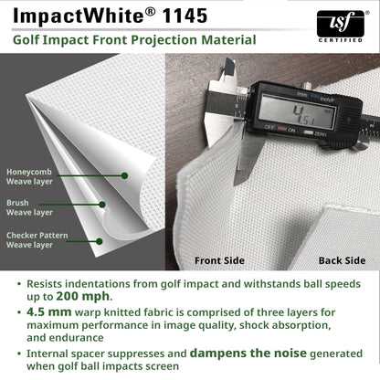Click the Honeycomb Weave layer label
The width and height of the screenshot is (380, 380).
pyautogui.click(x=31, y=177)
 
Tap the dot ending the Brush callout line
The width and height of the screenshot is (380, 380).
pyautogui.click(x=103, y=205)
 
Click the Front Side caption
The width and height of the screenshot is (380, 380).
pyautogui.click(x=220, y=260)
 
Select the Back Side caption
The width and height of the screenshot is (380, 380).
pyautogui.click(x=342, y=260)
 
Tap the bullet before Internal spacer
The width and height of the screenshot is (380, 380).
pyautogui.click(x=16, y=353)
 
